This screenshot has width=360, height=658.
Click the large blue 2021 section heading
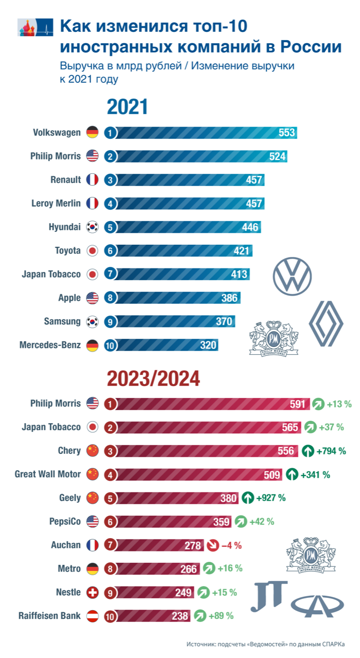[127, 107]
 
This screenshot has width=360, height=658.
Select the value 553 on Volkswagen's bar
[286, 133]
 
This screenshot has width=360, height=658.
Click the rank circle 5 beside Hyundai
[110, 227]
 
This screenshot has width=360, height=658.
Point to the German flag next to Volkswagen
[93, 133]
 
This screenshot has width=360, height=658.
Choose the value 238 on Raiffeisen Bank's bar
[180, 616]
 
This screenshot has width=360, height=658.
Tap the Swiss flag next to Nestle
[93, 592]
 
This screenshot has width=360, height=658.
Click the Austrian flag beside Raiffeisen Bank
[93, 616]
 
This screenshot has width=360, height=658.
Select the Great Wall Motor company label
[48, 474]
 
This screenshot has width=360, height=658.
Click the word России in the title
[311, 46]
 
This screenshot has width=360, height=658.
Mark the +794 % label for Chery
[331, 451]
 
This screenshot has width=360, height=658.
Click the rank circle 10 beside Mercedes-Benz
[110, 345]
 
